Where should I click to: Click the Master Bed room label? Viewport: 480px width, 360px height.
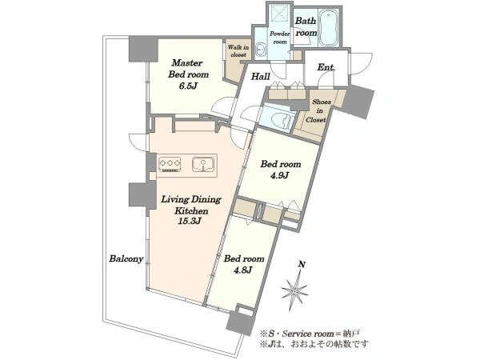tap(189, 69)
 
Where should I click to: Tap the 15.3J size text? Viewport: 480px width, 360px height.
tap(189, 221)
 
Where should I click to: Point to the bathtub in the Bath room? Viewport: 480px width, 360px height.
tap(329, 28)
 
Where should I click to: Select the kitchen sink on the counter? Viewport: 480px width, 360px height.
tap(203, 164)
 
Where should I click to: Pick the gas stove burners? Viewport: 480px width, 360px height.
tap(170, 164)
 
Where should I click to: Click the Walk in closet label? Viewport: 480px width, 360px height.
tap(238, 51)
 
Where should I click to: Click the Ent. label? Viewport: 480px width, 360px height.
tap(326, 67)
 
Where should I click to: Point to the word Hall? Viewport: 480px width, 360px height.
tap(261, 77)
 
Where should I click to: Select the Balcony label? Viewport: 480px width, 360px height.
tap(126, 259)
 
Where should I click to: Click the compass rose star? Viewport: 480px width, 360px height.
tap(294, 290)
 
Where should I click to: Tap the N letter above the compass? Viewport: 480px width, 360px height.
tap(302, 265)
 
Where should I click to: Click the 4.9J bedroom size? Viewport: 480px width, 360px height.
tap(279, 176)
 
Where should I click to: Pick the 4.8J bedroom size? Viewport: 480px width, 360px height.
tap(242, 270)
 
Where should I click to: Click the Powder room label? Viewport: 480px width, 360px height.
tap(279, 38)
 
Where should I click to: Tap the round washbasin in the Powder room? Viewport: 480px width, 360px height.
tap(261, 49)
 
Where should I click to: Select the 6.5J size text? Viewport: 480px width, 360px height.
tap(188, 86)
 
